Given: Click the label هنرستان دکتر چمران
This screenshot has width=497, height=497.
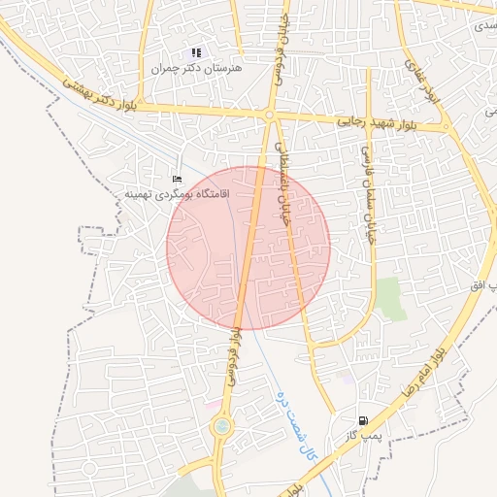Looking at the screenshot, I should (197, 69).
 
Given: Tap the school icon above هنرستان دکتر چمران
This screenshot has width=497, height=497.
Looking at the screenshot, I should (196, 53).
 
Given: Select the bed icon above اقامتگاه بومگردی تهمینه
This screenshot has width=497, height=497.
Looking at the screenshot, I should (176, 180).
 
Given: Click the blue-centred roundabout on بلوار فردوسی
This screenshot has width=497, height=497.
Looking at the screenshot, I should (222, 426).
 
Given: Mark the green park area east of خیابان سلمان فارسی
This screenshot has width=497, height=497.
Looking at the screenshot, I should (391, 298).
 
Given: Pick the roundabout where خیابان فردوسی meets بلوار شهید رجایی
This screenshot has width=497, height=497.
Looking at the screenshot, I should (269, 116).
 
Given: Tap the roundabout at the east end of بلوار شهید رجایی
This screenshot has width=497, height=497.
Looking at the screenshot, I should (446, 126).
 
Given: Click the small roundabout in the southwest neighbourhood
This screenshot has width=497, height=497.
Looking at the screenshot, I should (89, 469).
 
